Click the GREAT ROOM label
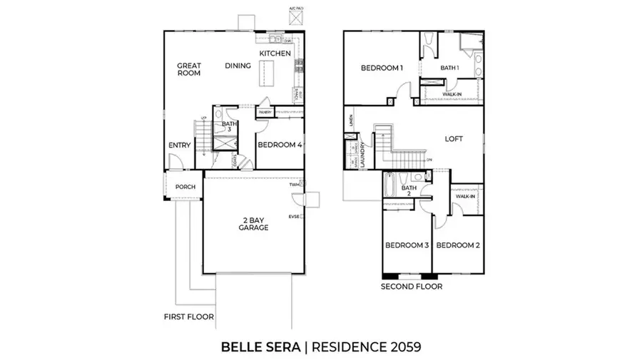click(189, 69)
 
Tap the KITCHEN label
click(275, 53)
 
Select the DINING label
click(238, 66)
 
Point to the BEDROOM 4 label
click(280, 145)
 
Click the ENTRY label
click(179, 145)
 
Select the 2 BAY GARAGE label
click(253, 223)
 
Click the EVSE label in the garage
click(293, 216)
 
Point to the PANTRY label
click(265, 112)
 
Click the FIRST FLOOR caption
click(188, 316)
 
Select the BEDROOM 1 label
click(382, 68)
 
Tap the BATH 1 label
click(449, 68)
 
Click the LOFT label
click(454, 139)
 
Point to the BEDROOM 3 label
click(407, 245)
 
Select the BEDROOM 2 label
click(457, 245)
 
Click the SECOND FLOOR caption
click(411, 287)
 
